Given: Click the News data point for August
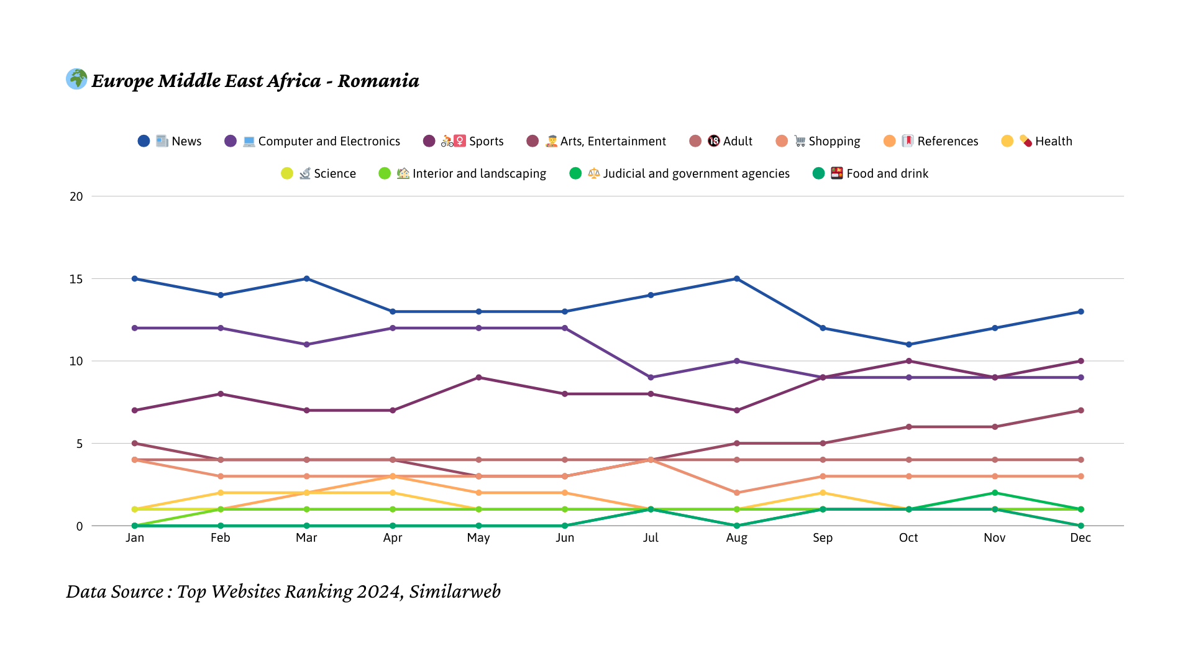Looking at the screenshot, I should (737, 279).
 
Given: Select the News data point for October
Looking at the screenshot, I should (909, 344).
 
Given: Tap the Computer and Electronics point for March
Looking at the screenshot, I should (306, 344).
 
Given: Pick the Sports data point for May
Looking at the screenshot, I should (478, 378).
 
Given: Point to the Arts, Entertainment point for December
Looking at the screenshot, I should (1081, 411).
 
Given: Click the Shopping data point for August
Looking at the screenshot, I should (737, 493).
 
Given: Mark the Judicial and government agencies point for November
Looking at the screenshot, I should (995, 493).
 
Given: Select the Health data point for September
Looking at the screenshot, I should (823, 493).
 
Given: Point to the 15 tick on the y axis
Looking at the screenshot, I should (76, 279).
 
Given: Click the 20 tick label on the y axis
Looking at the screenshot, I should (76, 196).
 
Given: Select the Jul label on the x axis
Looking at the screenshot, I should (651, 537).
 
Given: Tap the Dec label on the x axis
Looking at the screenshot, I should (1081, 537).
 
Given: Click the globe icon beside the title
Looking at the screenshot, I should (76, 79).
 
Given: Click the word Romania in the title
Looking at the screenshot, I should (378, 81).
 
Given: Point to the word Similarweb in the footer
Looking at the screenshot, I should (455, 591).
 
